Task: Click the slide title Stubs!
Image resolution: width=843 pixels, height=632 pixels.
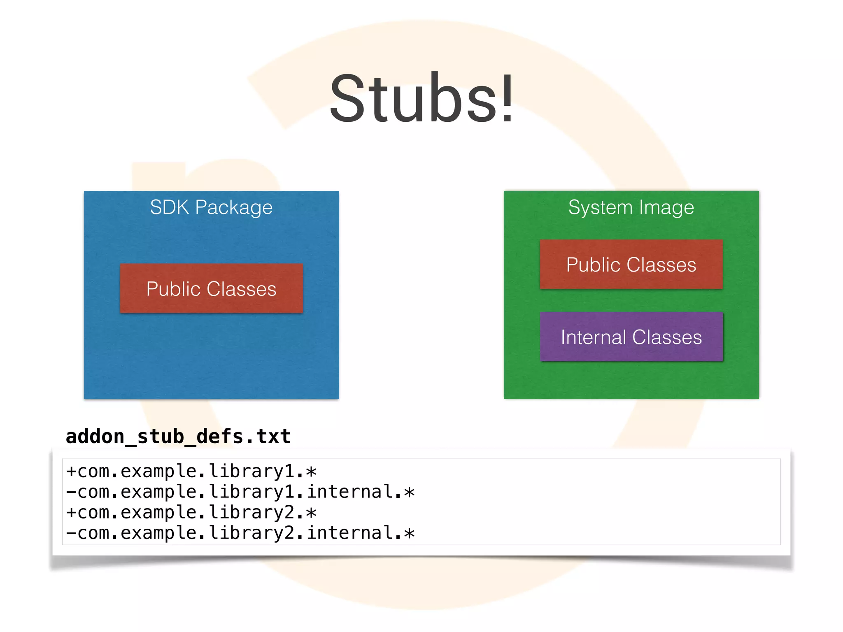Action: (421, 99)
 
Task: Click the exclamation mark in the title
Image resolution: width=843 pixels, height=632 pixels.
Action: (508, 99)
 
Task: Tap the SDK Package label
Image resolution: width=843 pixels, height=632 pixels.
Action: (211, 207)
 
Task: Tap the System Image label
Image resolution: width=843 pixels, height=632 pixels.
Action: (631, 207)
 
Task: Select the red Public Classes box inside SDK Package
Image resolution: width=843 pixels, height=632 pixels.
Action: (211, 288)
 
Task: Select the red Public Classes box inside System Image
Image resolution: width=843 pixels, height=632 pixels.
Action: (631, 264)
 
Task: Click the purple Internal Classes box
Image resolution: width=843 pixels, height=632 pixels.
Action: (631, 337)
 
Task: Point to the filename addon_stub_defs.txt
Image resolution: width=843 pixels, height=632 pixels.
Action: (178, 436)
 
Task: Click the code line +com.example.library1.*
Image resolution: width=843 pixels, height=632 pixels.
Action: (191, 471)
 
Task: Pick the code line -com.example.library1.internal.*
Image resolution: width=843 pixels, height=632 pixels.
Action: (240, 492)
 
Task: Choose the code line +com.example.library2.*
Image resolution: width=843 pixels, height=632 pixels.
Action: (191, 512)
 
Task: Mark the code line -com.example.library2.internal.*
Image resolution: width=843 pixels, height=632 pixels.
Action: (240, 533)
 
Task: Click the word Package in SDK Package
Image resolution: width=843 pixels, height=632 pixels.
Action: (233, 207)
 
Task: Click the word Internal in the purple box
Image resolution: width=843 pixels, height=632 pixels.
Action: (593, 337)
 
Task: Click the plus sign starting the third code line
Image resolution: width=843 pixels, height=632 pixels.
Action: (71, 513)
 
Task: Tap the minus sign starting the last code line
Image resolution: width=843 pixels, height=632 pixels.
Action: (71, 533)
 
